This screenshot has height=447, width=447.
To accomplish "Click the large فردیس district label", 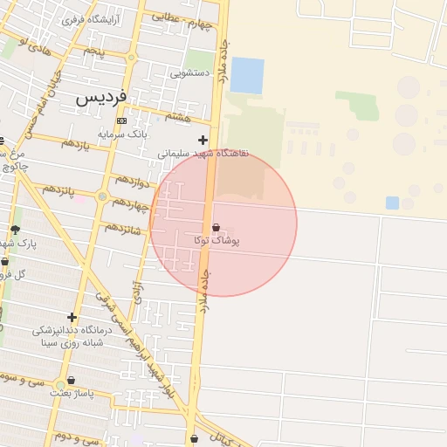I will [x=101, y=96].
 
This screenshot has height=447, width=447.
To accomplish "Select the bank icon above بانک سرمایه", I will [x=121, y=120].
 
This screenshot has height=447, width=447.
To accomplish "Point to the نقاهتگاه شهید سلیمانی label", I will [x=203, y=153].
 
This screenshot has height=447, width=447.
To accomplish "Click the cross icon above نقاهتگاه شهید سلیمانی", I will [x=203, y=140].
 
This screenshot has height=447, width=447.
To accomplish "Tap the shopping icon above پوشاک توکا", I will [x=216, y=227].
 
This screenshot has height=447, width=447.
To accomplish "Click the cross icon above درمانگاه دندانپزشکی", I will [x=72, y=317].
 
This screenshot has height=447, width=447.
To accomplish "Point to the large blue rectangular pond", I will [x=247, y=75].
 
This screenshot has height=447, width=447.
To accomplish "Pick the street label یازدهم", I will [x=75, y=145].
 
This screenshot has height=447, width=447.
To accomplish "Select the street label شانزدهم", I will [x=124, y=229].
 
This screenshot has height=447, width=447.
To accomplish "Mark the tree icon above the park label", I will [x=15, y=230].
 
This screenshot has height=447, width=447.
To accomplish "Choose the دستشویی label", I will [x=189, y=74].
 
